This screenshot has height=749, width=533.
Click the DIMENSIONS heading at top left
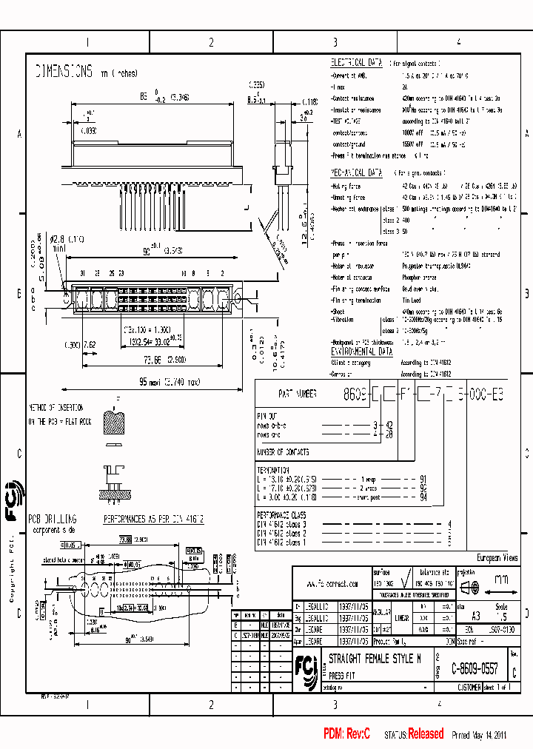(x=64, y=72)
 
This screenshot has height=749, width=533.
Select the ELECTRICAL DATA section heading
(x=356, y=64)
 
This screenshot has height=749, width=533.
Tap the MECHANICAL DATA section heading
(x=356, y=172)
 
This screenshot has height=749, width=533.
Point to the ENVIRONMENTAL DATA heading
(x=362, y=353)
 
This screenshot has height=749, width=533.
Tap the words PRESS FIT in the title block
(x=341, y=676)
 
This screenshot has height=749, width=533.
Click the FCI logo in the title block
(x=305, y=665)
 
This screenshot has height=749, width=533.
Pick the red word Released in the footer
(x=426, y=733)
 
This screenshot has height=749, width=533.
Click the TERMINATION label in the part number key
(x=275, y=470)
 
